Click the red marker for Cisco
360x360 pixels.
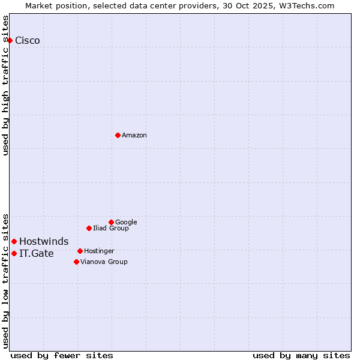[10, 40]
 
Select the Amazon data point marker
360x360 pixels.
[118, 135]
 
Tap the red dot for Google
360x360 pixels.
[111, 222]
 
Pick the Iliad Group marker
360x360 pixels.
[89, 228]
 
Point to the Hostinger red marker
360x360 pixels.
[80, 251]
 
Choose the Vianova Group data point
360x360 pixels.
[76, 262]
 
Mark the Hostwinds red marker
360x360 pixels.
[14, 241]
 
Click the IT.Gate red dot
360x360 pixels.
[14, 253]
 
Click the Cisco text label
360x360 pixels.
[28, 41]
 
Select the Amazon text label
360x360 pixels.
[134, 136]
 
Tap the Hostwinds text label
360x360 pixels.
[44, 242]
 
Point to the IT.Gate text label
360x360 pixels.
[37, 254]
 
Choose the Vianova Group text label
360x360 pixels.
[104, 262]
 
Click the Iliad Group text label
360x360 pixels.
[111, 229]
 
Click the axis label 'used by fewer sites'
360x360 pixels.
[62, 355]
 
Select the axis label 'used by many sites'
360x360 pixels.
[301, 355]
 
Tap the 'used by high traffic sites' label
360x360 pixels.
[5, 85]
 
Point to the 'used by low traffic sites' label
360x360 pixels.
[5, 280]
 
